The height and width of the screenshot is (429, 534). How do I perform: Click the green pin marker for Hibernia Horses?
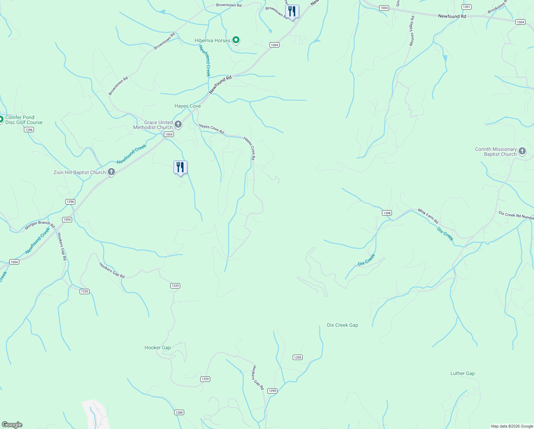236,40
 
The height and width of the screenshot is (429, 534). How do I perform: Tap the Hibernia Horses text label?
212,40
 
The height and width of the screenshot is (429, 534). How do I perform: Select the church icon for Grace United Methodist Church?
178,124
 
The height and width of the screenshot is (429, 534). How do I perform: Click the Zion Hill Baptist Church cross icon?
111,172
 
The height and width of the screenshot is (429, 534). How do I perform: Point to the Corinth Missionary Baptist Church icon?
522,151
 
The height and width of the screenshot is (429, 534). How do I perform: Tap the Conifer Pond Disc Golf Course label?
24,120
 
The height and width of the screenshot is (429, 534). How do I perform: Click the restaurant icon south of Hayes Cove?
180,167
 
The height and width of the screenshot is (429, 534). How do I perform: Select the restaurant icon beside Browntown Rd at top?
292,11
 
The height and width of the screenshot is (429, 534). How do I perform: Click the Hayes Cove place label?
187,106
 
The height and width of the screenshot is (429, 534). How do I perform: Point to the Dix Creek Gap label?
342,325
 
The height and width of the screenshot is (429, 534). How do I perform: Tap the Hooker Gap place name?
157,347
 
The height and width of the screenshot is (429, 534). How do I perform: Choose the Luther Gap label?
462,373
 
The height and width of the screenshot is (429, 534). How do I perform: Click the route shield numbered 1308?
387,213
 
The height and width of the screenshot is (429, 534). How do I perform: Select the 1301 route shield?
466,7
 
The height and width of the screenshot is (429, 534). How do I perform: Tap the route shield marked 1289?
179,412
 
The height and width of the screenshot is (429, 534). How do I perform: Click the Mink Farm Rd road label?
428,217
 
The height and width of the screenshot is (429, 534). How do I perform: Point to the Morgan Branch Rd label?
40,225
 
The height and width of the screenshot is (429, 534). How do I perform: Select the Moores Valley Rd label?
412,31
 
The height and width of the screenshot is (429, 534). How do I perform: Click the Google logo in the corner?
12,425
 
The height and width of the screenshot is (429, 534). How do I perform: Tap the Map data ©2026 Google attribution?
512,426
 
